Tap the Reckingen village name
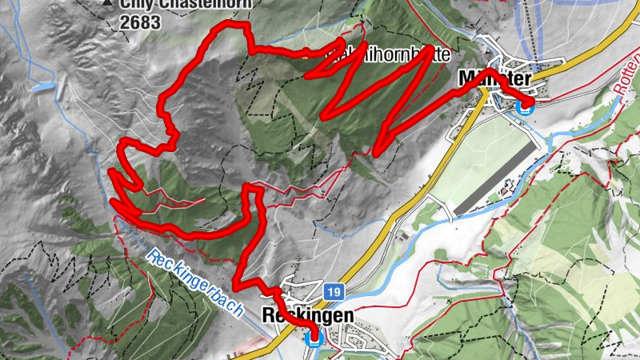(307, 316)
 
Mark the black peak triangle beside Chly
(108, 3)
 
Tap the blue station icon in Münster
(525, 107)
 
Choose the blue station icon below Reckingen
(314, 338)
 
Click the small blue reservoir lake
(46, 86)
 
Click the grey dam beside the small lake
(59, 90)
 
